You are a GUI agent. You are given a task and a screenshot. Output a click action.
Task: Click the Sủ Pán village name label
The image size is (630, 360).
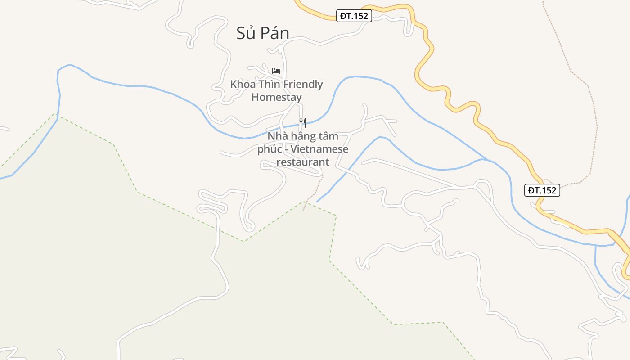(x=263, y=33)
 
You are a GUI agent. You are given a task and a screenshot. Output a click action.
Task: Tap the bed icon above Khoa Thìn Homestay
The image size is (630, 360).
(x=276, y=71)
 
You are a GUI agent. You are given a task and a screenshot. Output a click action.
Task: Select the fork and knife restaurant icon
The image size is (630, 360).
(x=303, y=122)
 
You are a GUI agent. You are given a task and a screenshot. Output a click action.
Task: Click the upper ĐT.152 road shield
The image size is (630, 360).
(x=354, y=16)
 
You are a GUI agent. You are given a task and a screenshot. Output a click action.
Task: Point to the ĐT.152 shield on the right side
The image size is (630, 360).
(x=542, y=190)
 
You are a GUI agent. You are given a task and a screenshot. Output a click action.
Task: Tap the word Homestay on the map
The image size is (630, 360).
(x=276, y=97)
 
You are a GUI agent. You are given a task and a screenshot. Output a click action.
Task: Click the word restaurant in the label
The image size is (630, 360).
(x=303, y=162)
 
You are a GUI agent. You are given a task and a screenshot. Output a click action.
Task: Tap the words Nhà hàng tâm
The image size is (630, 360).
(x=303, y=136)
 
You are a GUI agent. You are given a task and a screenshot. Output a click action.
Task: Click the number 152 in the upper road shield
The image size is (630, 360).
(x=360, y=16)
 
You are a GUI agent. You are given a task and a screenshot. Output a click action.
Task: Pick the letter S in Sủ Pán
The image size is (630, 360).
(x=241, y=33)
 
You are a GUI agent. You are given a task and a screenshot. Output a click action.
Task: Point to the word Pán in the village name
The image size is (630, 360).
(x=276, y=33)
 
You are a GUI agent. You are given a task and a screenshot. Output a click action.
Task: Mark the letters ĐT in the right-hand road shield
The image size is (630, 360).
(x=534, y=190)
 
